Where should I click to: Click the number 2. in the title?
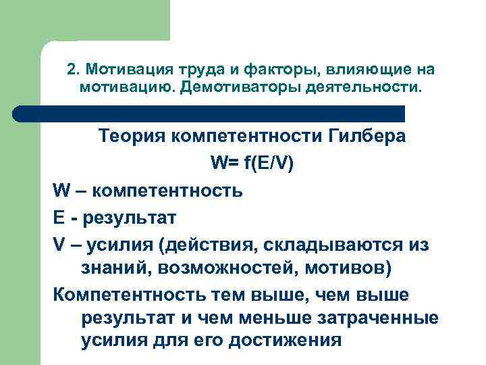74,70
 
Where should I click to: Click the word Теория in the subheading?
131,137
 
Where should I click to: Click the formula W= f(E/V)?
252,164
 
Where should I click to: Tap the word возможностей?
221,269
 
